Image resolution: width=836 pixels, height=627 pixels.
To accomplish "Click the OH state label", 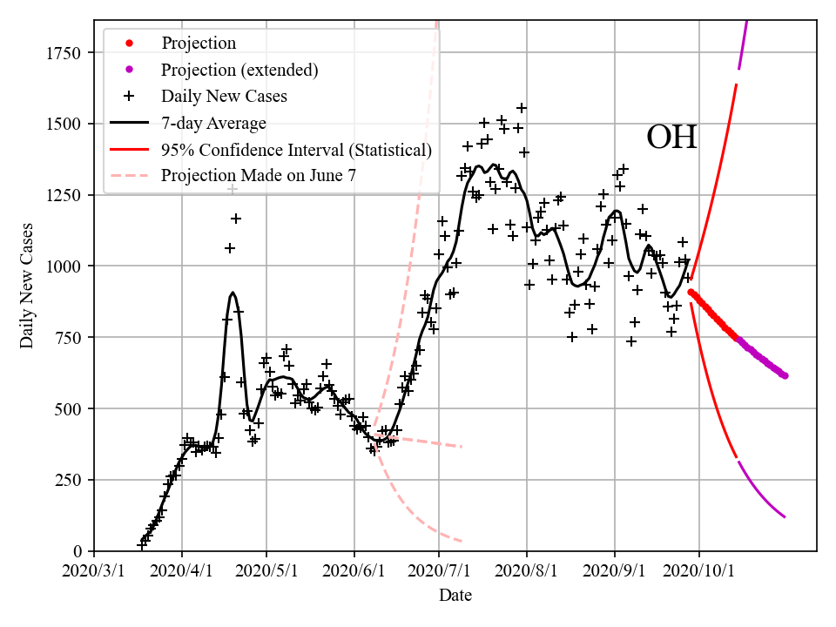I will point(671,138).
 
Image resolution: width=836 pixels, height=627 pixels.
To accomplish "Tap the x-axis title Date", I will point(455,596).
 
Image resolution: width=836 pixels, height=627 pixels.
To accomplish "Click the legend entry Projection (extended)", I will point(239,70).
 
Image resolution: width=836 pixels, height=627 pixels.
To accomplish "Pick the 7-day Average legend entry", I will point(213,123).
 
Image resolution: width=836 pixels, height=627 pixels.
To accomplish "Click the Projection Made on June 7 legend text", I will point(259,176).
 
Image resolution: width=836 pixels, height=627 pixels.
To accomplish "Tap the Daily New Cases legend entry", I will point(224,97).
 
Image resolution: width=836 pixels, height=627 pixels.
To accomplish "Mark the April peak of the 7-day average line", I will point(233,293).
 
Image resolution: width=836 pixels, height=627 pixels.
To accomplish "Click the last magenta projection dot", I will point(785,375).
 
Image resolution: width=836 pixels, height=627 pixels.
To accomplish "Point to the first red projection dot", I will point(691,293).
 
